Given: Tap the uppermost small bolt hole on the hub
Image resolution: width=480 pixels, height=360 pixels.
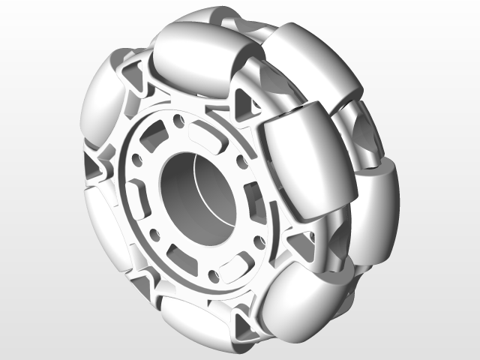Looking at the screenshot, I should (x=178, y=120).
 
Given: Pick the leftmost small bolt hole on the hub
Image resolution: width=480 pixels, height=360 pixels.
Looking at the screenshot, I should (x=137, y=160).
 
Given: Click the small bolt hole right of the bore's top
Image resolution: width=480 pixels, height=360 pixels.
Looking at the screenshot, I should (x=241, y=160).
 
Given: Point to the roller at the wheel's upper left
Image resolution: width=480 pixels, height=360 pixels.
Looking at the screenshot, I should (x=101, y=97).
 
